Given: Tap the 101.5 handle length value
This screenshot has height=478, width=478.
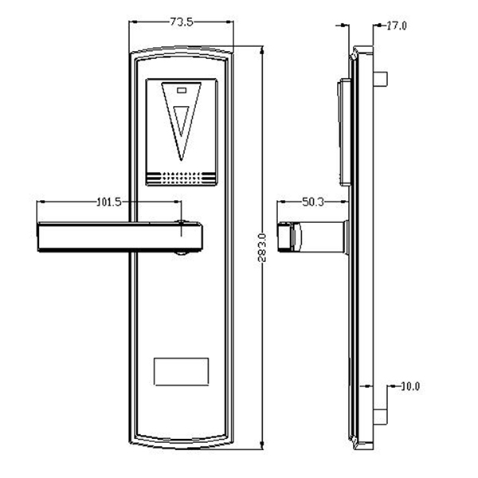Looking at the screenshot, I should (x=108, y=202).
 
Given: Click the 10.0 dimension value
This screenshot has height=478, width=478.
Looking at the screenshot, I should (x=409, y=386).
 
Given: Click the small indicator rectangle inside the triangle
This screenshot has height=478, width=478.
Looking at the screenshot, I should (x=182, y=91).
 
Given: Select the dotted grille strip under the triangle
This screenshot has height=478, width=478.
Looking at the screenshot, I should (x=182, y=176).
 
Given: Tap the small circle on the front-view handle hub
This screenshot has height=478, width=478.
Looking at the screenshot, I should (x=184, y=226).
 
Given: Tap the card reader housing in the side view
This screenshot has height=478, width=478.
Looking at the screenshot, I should (x=343, y=131).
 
